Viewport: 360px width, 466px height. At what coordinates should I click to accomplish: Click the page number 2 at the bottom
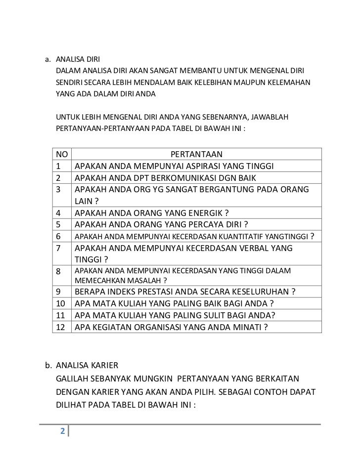[62, 430]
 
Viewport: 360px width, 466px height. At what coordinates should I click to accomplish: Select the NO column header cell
[62, 153]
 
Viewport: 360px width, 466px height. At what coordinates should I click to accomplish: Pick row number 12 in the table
[62, 327]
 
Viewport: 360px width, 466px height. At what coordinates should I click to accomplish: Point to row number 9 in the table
[59, 290]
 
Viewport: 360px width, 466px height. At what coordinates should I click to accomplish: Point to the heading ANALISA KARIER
[87, 366]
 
